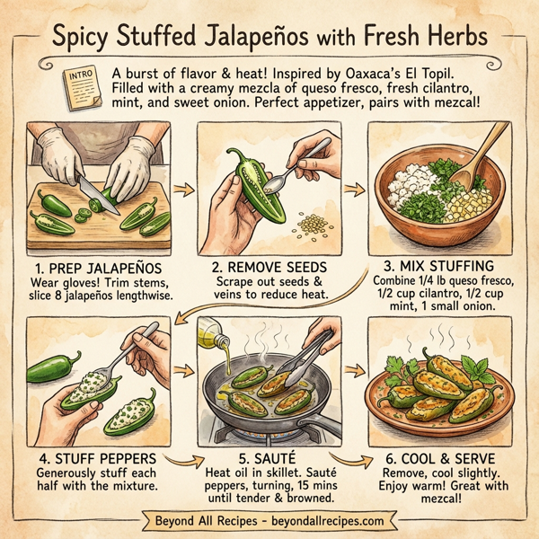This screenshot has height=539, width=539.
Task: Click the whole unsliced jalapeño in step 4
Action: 55,367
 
